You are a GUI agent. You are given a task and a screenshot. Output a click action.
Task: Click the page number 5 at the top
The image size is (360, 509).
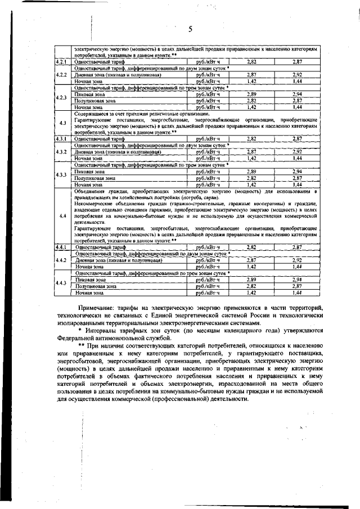point(190,29)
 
